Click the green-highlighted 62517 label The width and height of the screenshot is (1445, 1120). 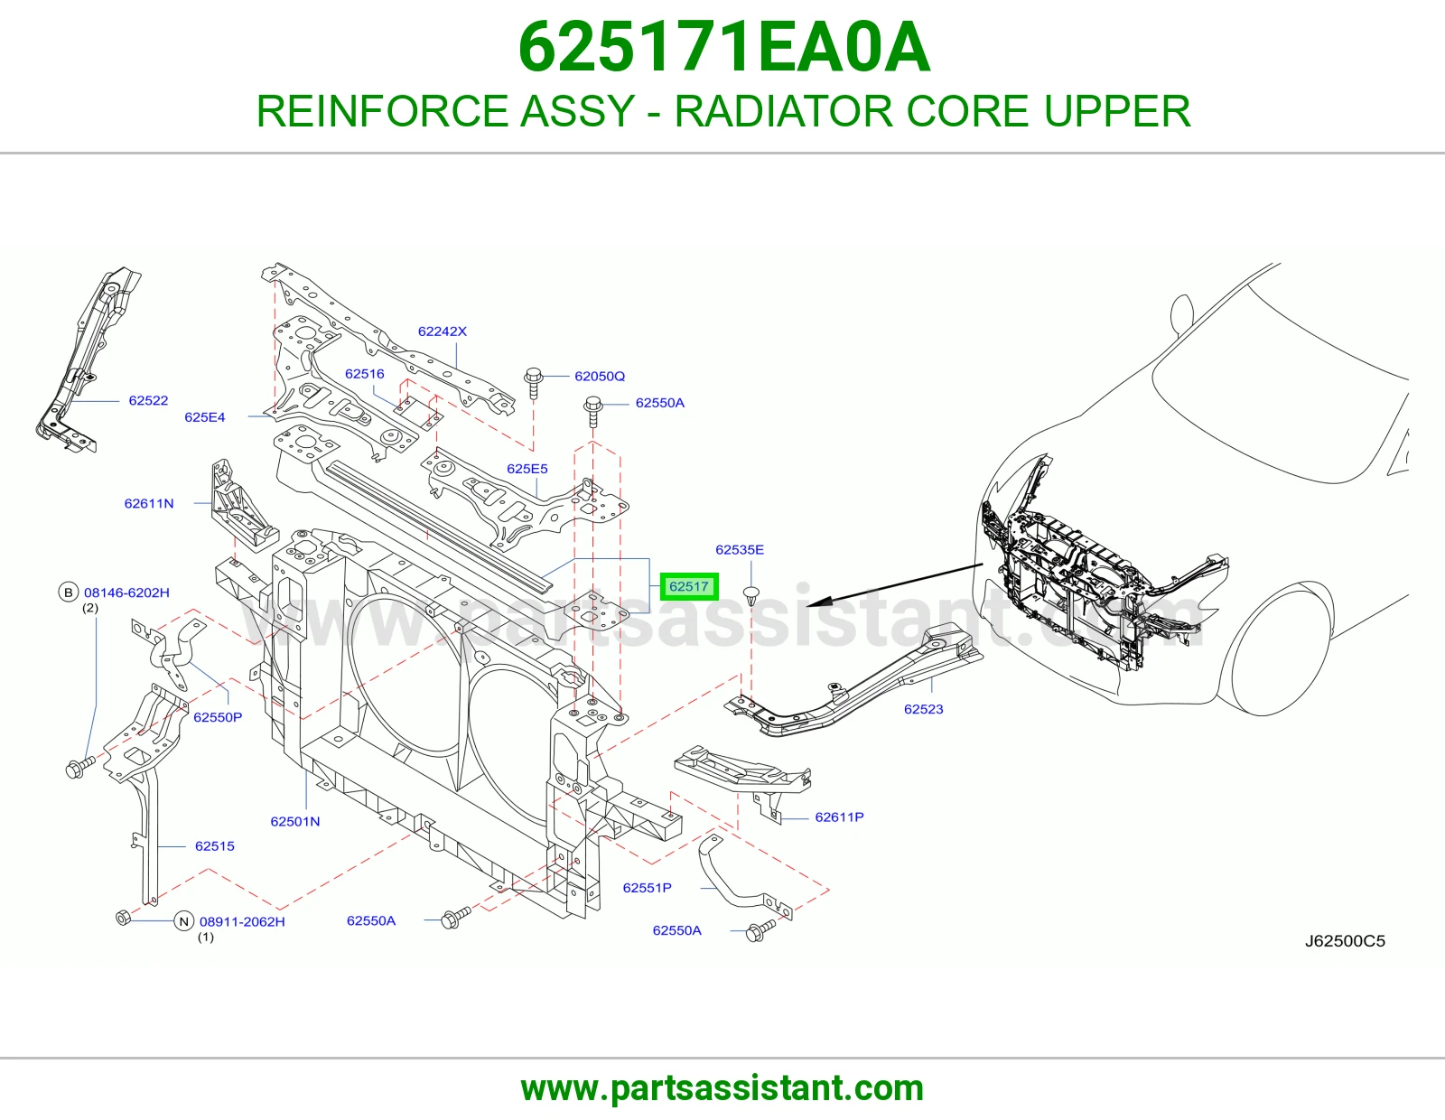tap(689, 586)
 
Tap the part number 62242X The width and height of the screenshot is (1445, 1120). tap(443, 331)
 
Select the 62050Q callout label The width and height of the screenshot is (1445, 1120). tap(600, 377)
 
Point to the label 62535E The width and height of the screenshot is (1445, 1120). tap(740, 549)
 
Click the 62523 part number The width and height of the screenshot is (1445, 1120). tap(923, 709)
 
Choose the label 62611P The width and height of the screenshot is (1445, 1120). tap(839, 817)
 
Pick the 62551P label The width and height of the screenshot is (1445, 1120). tap(647, 888)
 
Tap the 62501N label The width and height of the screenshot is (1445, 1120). tap(294, 821)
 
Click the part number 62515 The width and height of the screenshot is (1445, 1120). tap(214, 846)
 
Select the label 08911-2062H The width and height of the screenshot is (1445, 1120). tap(242, 922)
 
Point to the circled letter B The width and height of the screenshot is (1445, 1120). tap(68, 592)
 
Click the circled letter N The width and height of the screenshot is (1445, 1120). tap(183, 922)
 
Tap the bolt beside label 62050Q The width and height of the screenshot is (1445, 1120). tap(534, 383)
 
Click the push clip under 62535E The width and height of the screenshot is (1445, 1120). tap(750, 594)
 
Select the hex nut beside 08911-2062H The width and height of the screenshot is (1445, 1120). tap(123, 918)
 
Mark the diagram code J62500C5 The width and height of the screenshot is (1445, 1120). tap(1345, 941)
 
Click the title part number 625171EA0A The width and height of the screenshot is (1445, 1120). tap(724, 47)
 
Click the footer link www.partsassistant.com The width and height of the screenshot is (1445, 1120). tap(722, 1088)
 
